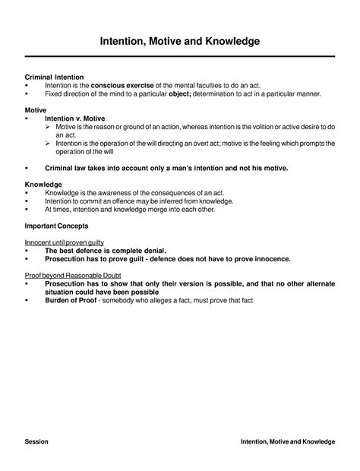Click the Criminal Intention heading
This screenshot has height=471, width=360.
(54, 77)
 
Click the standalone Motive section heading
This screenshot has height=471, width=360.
(36, 110)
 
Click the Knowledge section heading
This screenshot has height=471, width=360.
(43, 185)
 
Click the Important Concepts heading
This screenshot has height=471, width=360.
(56, 226)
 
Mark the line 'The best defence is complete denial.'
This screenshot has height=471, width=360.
(106, 250)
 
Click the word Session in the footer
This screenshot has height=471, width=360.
(36, 441)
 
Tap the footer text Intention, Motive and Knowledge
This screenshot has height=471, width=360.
(287, 441)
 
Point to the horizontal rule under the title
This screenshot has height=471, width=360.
(180, 57)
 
